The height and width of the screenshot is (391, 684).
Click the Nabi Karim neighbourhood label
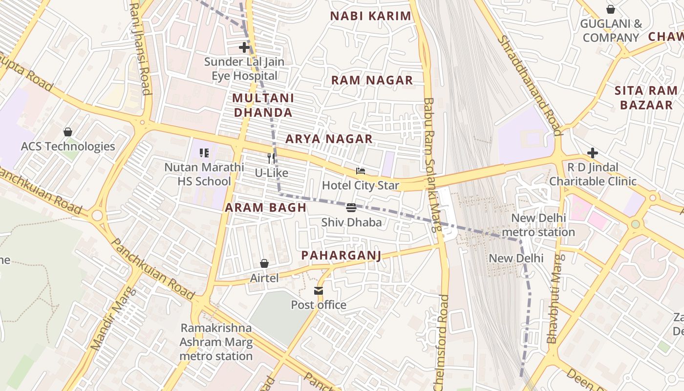(x=370, y=16)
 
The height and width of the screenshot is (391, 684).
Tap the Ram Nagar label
(x=372, y=80)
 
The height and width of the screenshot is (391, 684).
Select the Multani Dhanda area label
(x=263, y=105)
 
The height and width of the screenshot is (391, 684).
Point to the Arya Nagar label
(x=329, y=139)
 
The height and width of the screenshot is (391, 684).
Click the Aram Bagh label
(x=265, y=207)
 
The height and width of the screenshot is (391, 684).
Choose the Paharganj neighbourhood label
(x=341, y=255)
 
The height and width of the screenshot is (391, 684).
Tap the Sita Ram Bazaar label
(x=646, y=98)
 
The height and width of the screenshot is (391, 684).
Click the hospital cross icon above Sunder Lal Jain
(x=244, y=47)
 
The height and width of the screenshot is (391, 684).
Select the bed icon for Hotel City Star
(x=361, y=172)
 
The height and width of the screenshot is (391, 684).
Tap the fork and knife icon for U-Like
(x=272, y=158)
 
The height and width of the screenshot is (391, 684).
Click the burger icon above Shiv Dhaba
(x=351, y=208)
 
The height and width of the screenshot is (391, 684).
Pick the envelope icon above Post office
(x=319, y=291)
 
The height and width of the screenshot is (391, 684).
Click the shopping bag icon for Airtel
(x=264, y=264)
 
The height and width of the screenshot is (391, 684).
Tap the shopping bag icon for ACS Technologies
(x=68, y=132)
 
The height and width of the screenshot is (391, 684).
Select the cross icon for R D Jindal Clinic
(x=592, y=153)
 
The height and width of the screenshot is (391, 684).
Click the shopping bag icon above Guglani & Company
(x=610, y=9)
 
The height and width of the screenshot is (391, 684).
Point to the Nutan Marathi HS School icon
(x=204, y=153)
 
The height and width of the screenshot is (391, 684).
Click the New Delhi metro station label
(x=538, y=225)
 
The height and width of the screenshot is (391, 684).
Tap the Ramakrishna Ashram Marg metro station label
(x=216, y=342)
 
